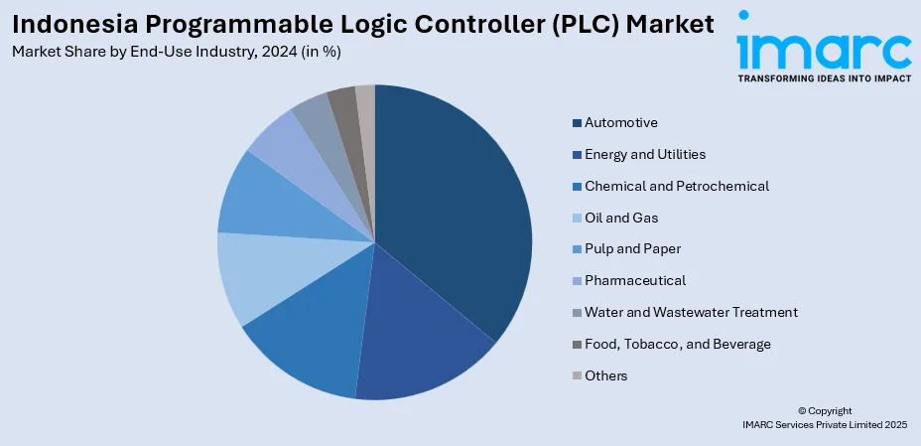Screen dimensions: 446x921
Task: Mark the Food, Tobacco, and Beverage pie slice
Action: pos(343,103)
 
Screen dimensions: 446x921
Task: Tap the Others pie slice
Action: pos(365,98)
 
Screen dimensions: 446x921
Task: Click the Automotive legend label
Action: pos(621,123)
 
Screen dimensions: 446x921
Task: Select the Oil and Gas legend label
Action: pos(621,218)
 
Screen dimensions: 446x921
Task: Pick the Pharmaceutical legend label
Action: pos(635,280)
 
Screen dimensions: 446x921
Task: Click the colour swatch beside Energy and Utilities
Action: pos(577,155)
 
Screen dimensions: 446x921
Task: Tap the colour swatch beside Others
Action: pos(577,375)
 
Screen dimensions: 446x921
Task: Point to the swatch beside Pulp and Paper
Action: pos(577,249)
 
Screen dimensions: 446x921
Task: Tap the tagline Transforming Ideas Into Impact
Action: pos(824,77)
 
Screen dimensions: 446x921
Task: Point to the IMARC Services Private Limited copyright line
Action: pos(824,424)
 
